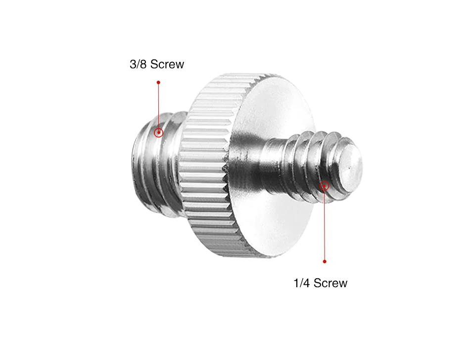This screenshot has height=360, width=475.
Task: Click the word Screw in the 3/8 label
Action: point(167,64)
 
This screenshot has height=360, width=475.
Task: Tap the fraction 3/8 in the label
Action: point(138,64)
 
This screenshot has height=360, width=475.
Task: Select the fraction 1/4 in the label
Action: point(302,283)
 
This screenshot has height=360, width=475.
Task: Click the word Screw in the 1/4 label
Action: point(331,283)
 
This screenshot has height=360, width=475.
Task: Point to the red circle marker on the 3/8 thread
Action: point(158,133)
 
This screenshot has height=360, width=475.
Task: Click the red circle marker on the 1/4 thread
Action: point(324,186)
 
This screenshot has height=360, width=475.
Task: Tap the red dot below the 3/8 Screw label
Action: point(158,83)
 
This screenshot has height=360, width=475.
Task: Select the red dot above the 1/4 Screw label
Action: point(325,261)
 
